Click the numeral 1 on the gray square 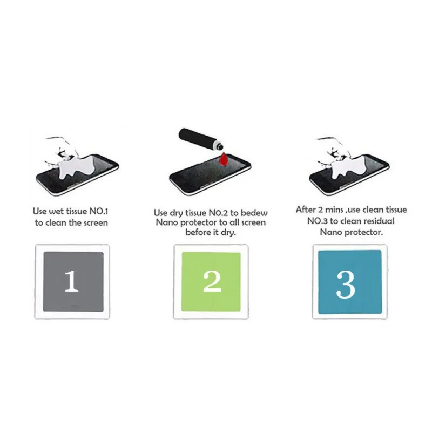71,281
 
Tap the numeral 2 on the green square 212,281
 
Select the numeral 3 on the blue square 346,285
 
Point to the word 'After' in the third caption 306,210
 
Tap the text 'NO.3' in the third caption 313,221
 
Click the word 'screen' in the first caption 96,222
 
